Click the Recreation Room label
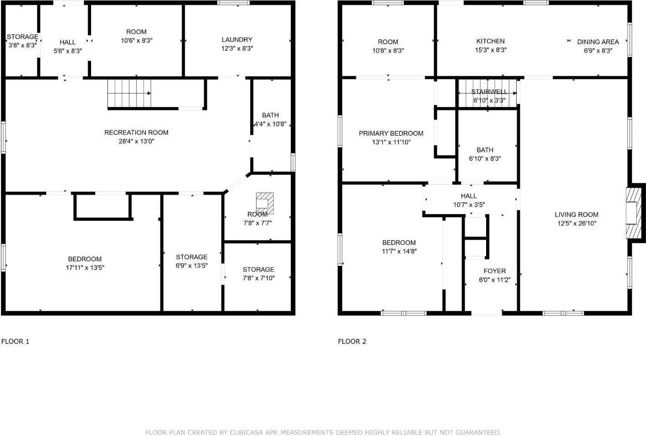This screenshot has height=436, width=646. pos(136,133)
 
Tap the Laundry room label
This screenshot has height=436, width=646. pos(237,40)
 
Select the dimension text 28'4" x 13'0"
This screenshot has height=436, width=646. pos(136,141)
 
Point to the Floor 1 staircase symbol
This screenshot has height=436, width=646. pos(129,93)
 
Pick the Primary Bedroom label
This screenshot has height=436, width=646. pos(391,134)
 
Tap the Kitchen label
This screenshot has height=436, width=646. pos(490,41)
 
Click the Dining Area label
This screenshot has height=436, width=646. pos(598,42)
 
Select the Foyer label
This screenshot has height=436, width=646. pos(494,271)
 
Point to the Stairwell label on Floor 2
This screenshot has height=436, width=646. pos(489,92)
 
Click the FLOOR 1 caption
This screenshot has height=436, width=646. pos(15,341)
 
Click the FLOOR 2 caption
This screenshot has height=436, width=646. pos(352,341)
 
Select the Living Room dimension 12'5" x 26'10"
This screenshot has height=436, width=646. pos(576,223)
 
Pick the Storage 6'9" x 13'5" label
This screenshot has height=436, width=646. pos(192,257)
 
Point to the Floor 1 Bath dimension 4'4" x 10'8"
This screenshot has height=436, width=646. pos(270,124)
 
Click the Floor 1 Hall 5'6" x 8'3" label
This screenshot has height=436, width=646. pos(67,42)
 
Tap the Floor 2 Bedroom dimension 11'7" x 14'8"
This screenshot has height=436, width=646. pos(399,251)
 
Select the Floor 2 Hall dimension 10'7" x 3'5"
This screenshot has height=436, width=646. pos(469,205)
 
